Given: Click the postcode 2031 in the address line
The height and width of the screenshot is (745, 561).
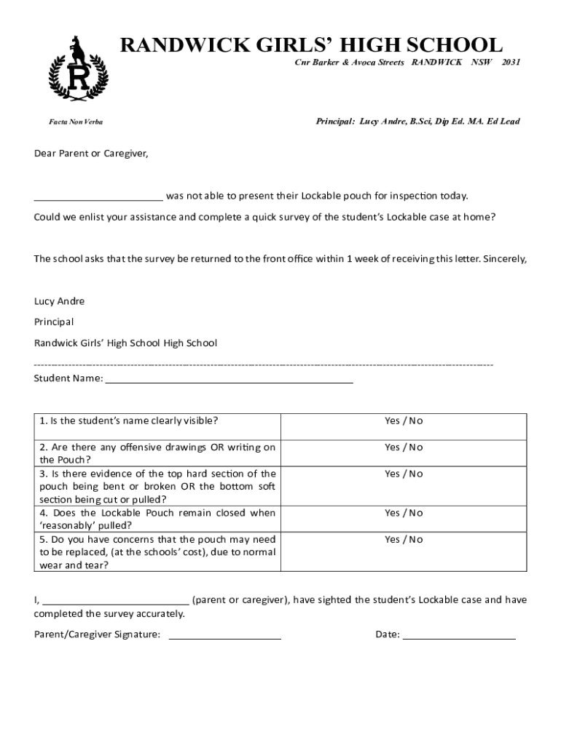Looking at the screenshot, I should pyautogui.click(x=511, y=63).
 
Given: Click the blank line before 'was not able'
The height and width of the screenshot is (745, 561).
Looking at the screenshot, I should pyautogui.click(x=98, y=197).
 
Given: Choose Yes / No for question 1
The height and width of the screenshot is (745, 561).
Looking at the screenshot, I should pyautogui.click(x=404, y=421).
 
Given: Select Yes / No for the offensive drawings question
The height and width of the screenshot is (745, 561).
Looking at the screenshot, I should pyautogui.click(x=404, y=447).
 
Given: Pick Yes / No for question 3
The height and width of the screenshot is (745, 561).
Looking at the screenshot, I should pyautogui.click(x=404, y=474).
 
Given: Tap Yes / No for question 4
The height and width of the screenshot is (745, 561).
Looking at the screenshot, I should pyautogui.click(x=404, y=513).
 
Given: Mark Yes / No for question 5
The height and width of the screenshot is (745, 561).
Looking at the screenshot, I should pyautogui.click(x=404, y=539).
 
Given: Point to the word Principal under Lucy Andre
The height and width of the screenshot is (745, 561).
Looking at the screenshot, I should pyautogui.click(x=54, y=322).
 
